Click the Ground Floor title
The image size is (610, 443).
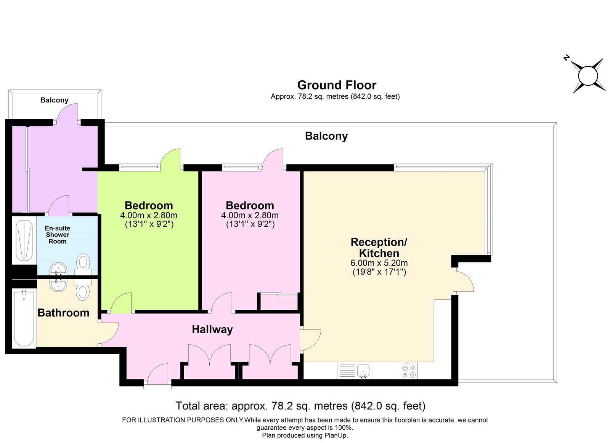pyautogui.click(x=337, y=85)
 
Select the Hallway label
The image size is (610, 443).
pyautogui.click(x=212, y=329)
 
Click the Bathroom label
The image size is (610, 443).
pyautogui.click(x=63, y=313)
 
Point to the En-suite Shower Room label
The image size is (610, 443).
pyautogui.click(x=58, y=235)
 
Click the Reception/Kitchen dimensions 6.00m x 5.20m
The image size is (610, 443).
pyautogui.click(x=379, y=263)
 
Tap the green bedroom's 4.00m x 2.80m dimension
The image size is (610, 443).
pyautogui.click(x=149, y=215)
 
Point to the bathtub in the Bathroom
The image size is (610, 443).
pyautogui.click(x=24, y=319)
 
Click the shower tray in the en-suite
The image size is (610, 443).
pyautogui.click(x=24, y=240)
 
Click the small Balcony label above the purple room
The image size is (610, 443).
pyautogui.click(x=55, y=100)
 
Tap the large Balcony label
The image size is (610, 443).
pyautogui.click(x=326, y=136)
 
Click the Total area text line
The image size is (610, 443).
pyautogui.click(x=300, y=406)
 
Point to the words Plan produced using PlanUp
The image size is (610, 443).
pyautogui.click(x=305, y=435)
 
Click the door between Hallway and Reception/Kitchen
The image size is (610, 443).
pyautogui.click(x=310, y=340)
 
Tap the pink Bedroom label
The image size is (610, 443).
pyautogui.click(x=250, y=205)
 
